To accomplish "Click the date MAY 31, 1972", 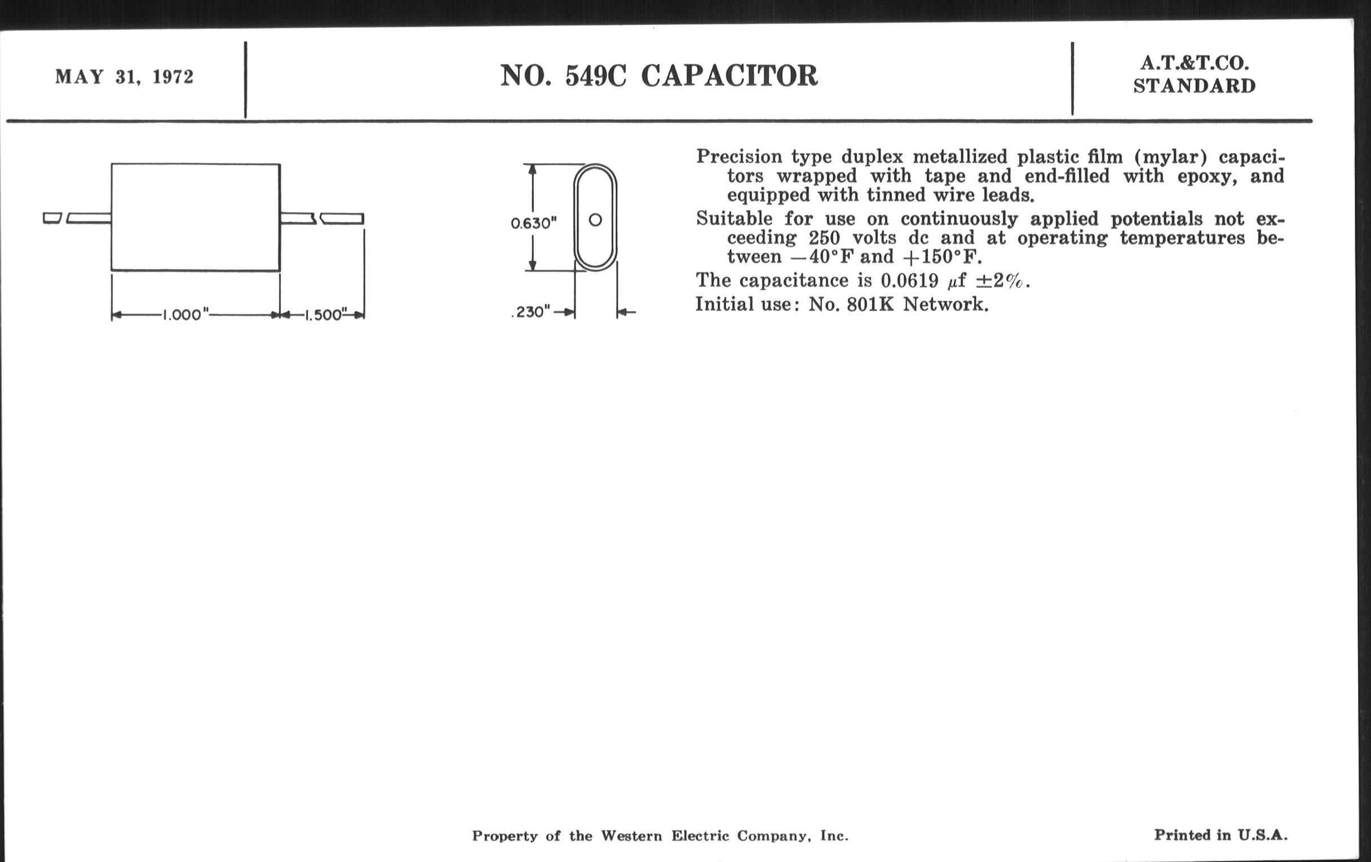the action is [x=124, y=77].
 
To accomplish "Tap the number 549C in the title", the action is [x=595, y=75].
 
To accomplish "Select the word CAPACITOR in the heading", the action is [x=729, y=75].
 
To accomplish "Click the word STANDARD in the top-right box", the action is [x=1195, y=86].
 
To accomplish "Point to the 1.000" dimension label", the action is [x=185, y=314].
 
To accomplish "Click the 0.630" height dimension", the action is [x=533, y=223].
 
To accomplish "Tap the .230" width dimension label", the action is [x=530, y=312].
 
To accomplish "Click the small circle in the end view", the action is [x=595, y=220].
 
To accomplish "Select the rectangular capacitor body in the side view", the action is [x=195, y=217].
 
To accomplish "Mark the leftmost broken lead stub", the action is [x=52, y=218].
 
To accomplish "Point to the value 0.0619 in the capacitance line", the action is [x=909, y=280].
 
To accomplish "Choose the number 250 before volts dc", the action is [x=824, y=237].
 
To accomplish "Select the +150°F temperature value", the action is [x=942, y=256].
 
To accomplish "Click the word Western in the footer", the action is [x=631, y=836].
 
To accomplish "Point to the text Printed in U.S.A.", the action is [x=1220, y=835].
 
